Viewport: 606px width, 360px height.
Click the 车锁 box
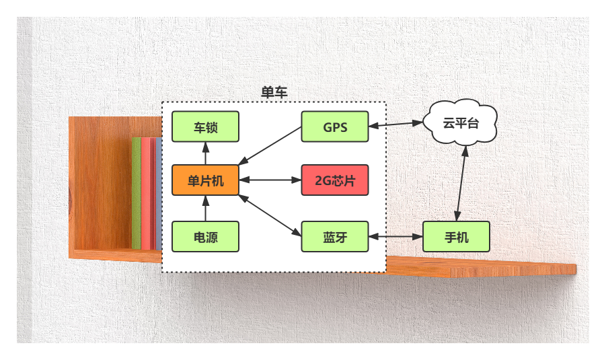205,127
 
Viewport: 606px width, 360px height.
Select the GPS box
335,127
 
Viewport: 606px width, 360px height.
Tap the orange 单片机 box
205,180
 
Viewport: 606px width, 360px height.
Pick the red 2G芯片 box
335,180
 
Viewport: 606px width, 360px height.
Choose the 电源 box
205,237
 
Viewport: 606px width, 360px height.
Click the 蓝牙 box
335,237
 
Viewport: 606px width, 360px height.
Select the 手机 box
456,237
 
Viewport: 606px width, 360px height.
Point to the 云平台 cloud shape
461,123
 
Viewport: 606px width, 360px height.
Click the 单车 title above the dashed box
274,93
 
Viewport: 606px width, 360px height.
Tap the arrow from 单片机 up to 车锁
205,153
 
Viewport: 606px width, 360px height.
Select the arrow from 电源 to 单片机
205,209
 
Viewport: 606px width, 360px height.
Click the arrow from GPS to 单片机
270,145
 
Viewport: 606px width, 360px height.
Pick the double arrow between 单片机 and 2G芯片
270,180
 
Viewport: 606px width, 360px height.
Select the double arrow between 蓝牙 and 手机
395,237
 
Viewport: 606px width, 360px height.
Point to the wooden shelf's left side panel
101,185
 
